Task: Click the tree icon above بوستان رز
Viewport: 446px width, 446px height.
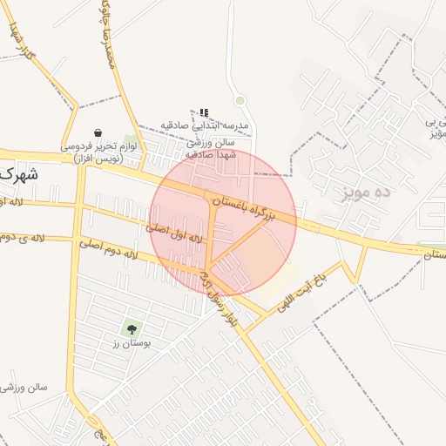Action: coord(132,328)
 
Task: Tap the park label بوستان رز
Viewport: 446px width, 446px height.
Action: coord(132,344)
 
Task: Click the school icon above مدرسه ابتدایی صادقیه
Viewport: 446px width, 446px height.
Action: coord(204,112)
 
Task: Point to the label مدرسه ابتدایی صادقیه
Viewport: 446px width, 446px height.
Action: coord(206,126)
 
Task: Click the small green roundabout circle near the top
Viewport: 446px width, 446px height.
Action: coord(240,102)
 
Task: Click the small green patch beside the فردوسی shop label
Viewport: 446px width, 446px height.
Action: coord(131,143)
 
